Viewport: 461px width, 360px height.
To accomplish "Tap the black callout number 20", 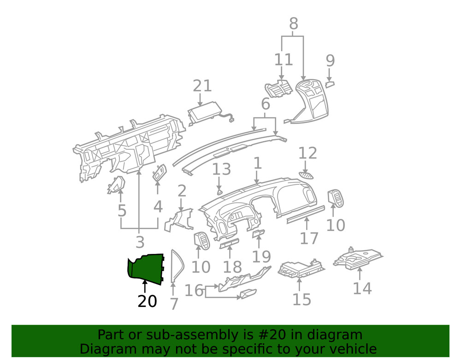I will click(147, 301).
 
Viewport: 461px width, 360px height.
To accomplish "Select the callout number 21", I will click(202, 86).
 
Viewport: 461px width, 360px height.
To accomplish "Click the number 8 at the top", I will click(293, 24).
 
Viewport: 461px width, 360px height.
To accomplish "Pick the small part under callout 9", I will click(330, 84).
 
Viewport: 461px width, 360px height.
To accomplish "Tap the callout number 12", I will click(308, 153).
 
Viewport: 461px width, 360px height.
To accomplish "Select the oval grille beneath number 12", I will click(306, 175).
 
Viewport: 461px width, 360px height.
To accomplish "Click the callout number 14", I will click(362, 289).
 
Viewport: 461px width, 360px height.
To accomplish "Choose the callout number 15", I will click(301, 300).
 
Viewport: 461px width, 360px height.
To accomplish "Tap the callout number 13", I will click(221, 169).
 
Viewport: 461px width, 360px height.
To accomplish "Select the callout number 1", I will click(257, 163).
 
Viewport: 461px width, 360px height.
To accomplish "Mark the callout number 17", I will click(309, 238).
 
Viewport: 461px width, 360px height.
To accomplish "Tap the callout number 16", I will click(194, 290).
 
